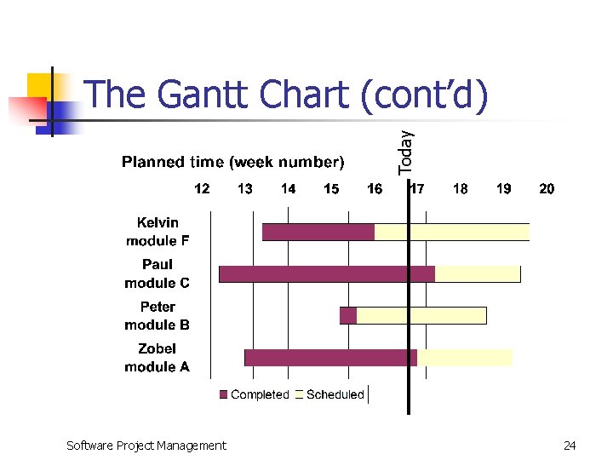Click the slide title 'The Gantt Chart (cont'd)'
[x=288, y=95]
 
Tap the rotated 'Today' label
[x=406, y=152]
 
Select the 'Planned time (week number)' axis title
[x=232, y=162]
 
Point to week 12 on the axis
[x=202, y=188]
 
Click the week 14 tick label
[x=288, y=188]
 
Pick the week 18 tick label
[x=460, y=188]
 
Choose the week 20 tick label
[x=547, y=188]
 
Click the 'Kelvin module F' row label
[x=158, y=232]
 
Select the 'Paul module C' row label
[x=158, y=273]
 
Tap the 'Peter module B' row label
[x=158, y=315]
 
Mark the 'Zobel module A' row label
[x=158, y=358]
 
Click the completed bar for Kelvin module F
[x=318, y=232]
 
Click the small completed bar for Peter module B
[x=347, y=315]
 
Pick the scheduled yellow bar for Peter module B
[x=421, y=315]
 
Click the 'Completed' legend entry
[x=255, y=394]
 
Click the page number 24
[x=570, y=445]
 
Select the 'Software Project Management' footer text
[x=146, y=445]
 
